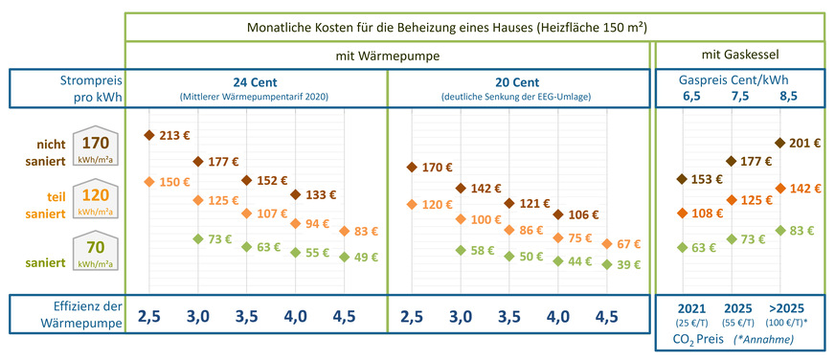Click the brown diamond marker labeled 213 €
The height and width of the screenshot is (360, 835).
[148, 135]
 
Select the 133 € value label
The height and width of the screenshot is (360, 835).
[321, 194]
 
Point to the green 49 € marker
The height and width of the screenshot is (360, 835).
[344, 256]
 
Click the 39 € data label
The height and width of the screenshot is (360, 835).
[629, 264]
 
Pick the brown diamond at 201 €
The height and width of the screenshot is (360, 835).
[779, 143]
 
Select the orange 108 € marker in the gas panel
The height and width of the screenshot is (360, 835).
[682, 213]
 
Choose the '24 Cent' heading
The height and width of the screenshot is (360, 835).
[256, 81]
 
